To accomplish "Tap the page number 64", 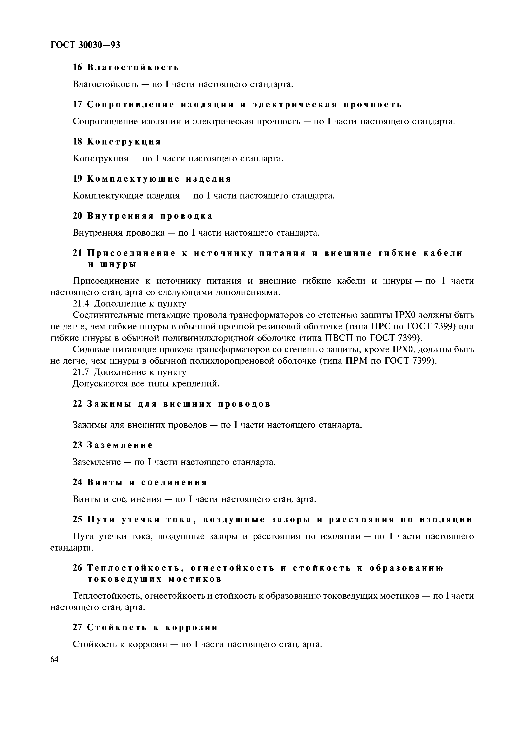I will click(54, 659).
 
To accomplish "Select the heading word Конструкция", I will click(124, 142).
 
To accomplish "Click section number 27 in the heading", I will click(78, 628).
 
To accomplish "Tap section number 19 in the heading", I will click(78, 179).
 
